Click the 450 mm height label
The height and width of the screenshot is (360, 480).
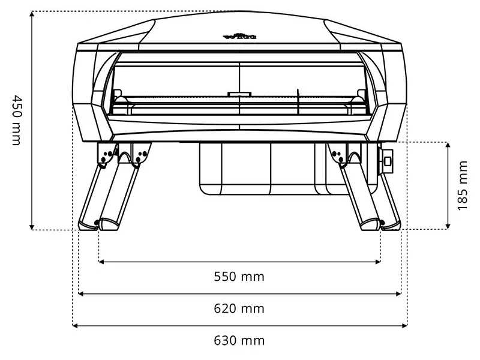tap(16, 119)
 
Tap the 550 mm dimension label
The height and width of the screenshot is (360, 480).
tap(239, 277)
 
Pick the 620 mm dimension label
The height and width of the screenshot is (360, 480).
tap(239, 309)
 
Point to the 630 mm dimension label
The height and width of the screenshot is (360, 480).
tap(239, 341)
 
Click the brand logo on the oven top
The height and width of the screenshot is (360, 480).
tap(240, 37)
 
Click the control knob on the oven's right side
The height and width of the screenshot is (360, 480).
tap(386, 160)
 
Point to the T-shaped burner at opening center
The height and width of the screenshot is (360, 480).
tap(239, 94)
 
